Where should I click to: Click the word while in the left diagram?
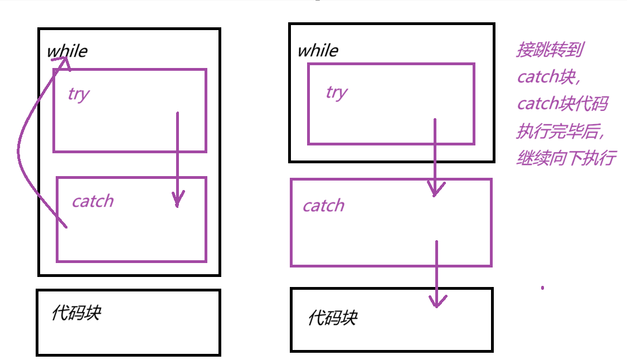(x=67, y=51)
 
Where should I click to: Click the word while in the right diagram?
(x=318, y=51)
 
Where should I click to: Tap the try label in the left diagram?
(x=79, y=94)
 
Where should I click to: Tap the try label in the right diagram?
(x=337, y=92)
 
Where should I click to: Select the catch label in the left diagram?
(x=93, y=201)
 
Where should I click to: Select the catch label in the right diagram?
(x=323, y=206)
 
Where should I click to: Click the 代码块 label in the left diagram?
(x=76, y=313)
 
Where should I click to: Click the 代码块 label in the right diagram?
(x=332, y=318)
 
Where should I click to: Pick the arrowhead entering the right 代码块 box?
(x=437, y=301)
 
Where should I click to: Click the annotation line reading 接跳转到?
(x=550, y=51)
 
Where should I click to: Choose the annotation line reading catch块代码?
(x=562, y=104)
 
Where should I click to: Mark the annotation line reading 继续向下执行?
(x=566, y=158)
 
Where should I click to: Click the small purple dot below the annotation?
(x=542, y=288)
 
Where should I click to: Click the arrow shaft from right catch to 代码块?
(x=436, y=267)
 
